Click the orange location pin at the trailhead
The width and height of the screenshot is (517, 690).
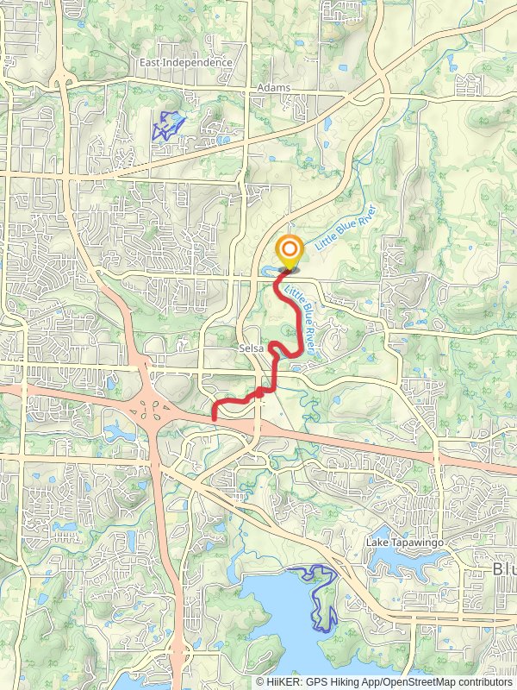pos(289,252)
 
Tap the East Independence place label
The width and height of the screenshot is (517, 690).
pos(187,63)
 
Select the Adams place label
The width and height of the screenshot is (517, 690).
pos(273,88)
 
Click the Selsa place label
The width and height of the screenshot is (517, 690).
pos(252,349)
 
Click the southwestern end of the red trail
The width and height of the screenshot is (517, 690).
pos(215,418)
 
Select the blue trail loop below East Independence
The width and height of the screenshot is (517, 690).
pos(168,126)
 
